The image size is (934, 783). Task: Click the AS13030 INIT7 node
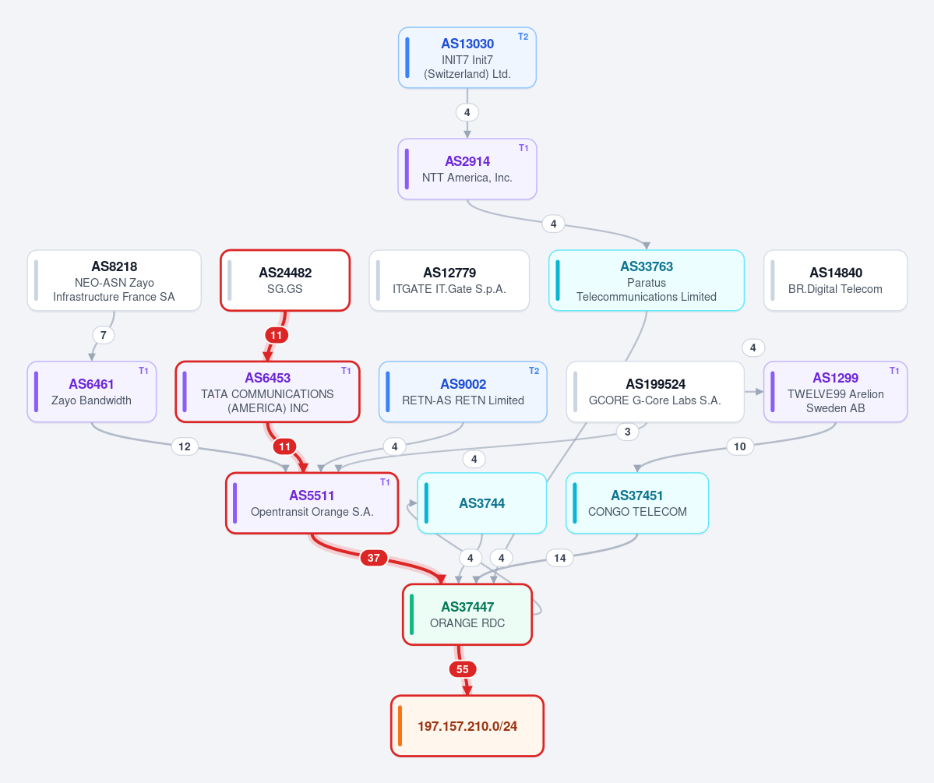[467, 58]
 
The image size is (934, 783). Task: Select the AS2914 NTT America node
[467, 169]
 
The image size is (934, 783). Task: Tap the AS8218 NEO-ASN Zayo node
[115, 280]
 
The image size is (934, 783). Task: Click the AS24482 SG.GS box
[285, 280]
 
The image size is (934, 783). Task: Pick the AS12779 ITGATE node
[449, 280]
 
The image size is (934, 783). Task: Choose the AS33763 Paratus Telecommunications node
[647, 280]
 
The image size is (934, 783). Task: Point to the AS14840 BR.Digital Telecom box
[835, 280]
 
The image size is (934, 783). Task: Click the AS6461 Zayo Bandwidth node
[92, 392]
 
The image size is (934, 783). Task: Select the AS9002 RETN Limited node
[463, 392]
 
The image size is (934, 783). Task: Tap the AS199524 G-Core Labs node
[655, 392]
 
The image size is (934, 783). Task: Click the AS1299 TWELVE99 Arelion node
[835, 392]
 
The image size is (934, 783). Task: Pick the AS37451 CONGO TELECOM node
[637, 503]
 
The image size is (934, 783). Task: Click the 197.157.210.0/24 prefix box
[467, 726]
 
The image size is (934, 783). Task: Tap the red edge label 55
[462, 669]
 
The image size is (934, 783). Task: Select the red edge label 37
[373, 558]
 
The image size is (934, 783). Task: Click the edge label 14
[560, 558]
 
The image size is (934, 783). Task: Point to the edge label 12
[185, 446]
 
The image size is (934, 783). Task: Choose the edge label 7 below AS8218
[104, 335]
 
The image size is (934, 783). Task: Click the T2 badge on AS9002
[534, 371]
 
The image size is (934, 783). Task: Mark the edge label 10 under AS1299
[740, 446]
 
